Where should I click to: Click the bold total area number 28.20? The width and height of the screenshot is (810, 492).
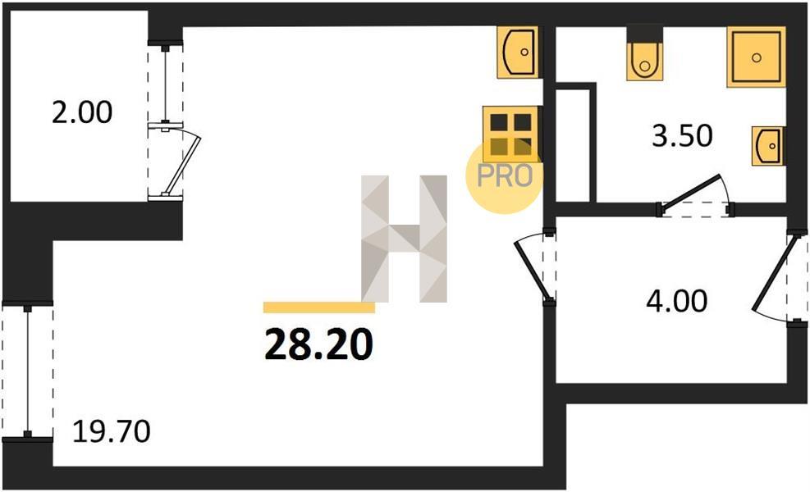(318, 344)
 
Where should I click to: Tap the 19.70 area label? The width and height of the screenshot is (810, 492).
(111, 431)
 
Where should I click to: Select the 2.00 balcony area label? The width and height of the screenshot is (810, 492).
(81, 112)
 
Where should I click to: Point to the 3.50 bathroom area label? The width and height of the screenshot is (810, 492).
(682, 136)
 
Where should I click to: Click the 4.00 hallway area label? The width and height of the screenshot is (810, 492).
(677, 301)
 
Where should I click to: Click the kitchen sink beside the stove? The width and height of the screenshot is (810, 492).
(518, 52)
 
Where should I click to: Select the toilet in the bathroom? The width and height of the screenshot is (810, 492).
(645, 60)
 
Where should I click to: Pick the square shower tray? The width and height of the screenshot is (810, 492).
(757, 57)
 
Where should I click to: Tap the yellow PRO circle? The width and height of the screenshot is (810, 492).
(504, 175)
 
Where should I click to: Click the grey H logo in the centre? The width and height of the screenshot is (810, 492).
(404, 239)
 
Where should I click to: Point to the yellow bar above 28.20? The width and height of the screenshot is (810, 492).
(318, 307)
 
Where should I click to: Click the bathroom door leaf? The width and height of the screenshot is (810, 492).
(689, 192)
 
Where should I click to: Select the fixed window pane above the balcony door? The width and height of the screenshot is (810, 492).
(165, 84)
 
